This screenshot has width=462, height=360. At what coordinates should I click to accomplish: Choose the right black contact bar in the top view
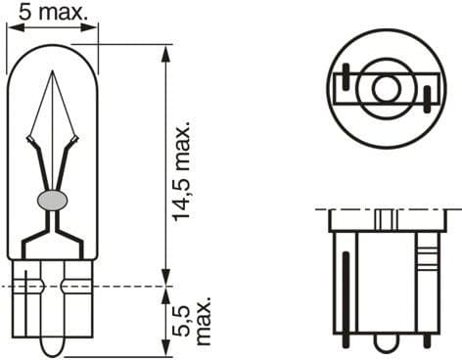tap(427, 96)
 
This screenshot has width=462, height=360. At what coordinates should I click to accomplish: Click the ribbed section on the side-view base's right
tap(424, 260)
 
